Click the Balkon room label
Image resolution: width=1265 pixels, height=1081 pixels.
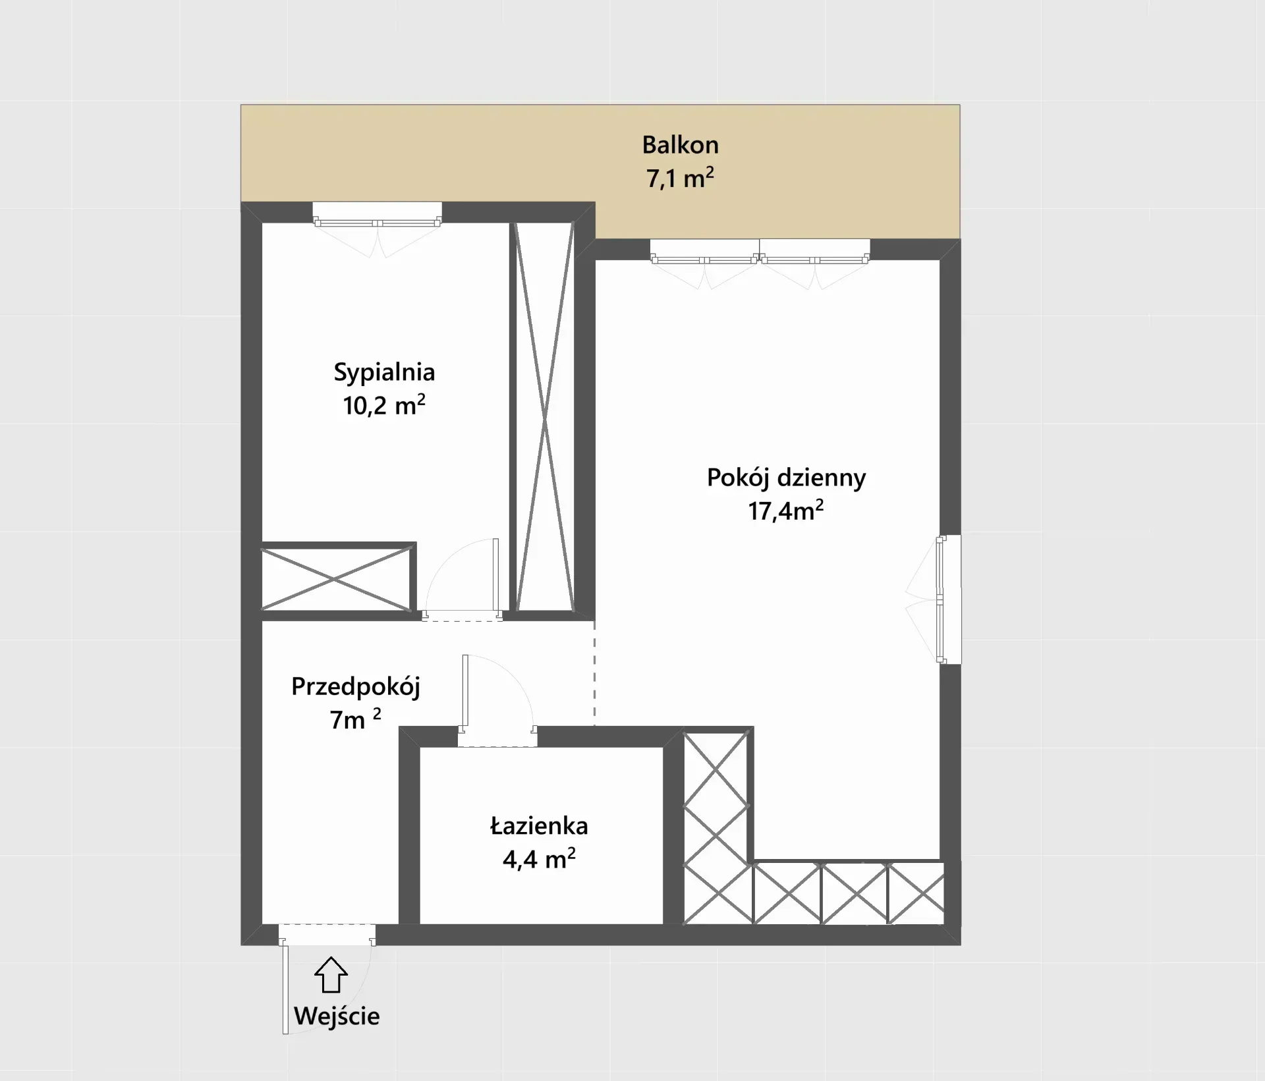[680, 145]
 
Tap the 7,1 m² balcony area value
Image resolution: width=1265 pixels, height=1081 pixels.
[680, 179]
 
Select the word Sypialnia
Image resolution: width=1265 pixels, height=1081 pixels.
[384, 373]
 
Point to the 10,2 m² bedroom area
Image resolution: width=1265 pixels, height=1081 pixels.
[384, 405]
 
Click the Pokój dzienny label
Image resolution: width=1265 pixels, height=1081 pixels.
[786, 478]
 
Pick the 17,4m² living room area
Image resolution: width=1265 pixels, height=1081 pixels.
[786, 511]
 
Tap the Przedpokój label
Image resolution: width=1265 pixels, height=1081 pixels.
[356, 687]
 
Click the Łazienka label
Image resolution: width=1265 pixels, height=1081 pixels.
[539, 825]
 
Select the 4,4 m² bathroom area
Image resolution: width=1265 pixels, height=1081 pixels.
[539, 859]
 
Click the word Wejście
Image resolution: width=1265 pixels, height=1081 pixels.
[337, 1016]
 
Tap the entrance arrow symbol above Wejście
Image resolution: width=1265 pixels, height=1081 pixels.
[331, 974]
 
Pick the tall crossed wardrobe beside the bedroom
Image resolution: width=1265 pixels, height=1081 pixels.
[544, 417]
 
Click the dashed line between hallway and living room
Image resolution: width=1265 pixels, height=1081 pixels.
[595, 673]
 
